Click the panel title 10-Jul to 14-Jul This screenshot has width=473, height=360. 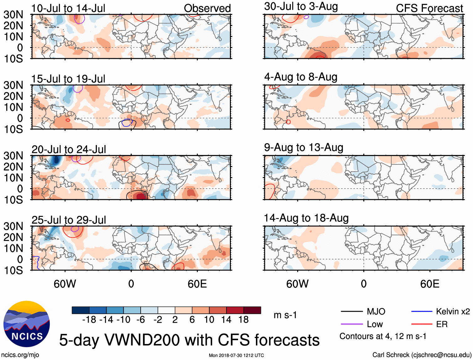click(x=68, y=8)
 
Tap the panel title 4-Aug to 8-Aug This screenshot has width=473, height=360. click(x=301, y=77)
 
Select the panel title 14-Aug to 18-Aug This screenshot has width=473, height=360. click(x=306, y=218)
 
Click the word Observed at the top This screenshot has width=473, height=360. click(x=207, y=8)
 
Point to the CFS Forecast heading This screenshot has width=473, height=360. click(x=429, y=8)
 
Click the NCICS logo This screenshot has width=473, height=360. click(x=27, y=324)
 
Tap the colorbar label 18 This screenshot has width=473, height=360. click(x=243, y=320)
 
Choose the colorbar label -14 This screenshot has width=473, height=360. click(x=106, y=320)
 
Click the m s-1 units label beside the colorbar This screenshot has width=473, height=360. click(x=285, y=315)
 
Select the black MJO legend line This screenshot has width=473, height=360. click(x=351, y=311)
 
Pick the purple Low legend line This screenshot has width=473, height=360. click(x=351, y=324)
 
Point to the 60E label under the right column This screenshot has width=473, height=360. click(x=429, y=284)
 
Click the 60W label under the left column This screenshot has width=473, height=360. click(x=65, y=284)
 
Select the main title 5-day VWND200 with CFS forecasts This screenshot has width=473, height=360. click(x=189, y=340)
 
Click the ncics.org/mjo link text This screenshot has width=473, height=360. click(x=20, y=355)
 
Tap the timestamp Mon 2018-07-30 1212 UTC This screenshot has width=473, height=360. click(x=236, y=355)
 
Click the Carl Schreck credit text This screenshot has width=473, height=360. click(x=422, y=355)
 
